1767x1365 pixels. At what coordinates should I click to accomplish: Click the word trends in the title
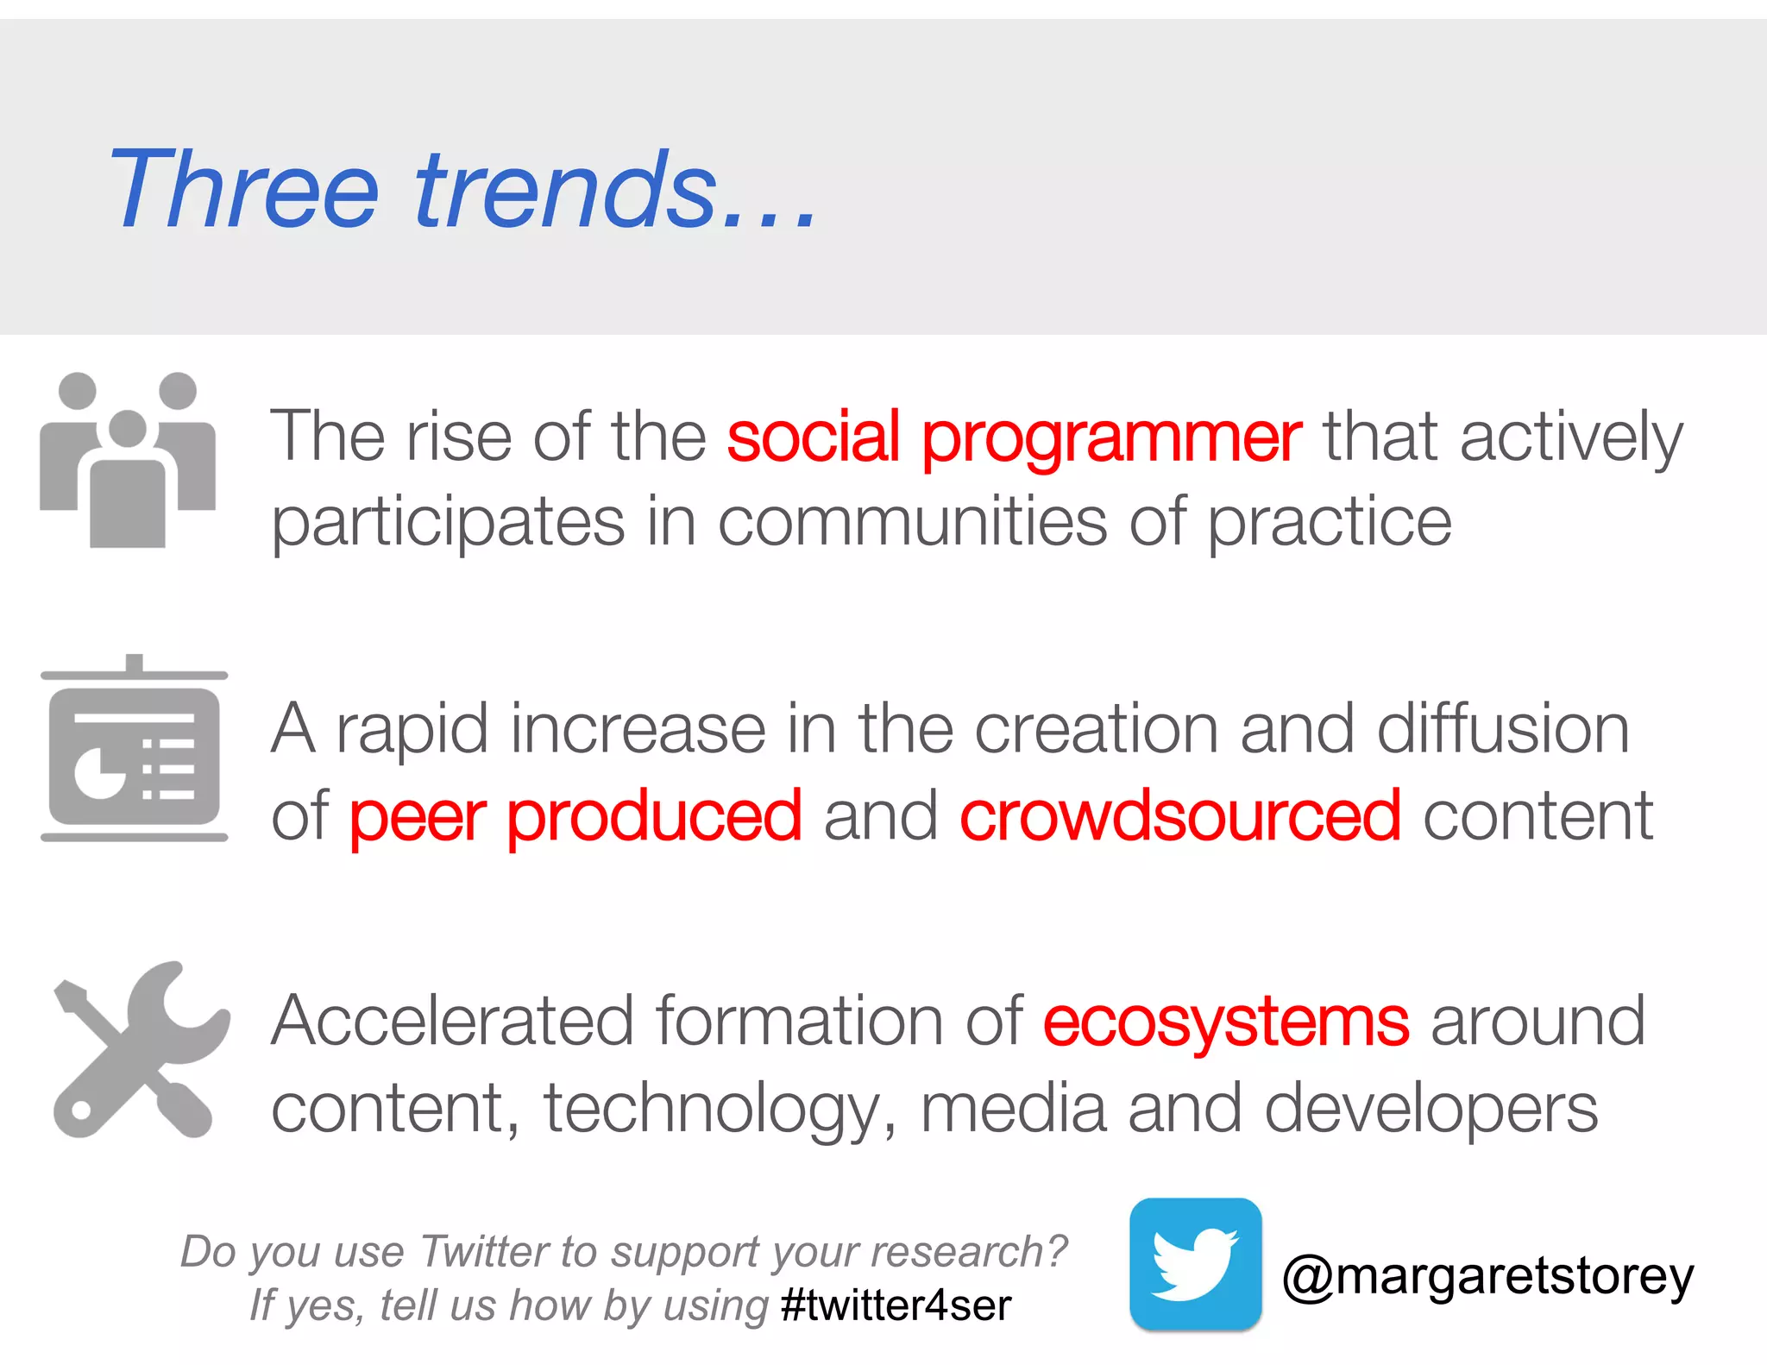(x=565, y=189)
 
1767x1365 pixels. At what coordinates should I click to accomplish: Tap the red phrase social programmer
(x=1014, y=437)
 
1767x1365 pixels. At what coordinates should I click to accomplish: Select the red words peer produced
(x=575, y=815)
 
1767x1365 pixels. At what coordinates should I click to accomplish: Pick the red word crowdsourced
(x=1179, y=815)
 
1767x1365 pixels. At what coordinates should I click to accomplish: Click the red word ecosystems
(x=1226, y=1022)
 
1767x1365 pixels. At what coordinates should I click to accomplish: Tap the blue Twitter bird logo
(x=1195, y=1264)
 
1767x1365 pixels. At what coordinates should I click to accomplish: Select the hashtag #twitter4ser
(x=896, y=1305)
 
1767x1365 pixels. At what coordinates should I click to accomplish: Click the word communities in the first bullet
(x=912, y=523)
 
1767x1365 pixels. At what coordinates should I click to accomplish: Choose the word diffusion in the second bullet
(x=1502, y=729)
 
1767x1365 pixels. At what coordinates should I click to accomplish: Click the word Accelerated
(x=453, y=1022)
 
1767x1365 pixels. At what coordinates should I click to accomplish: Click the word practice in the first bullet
(x=1329, y=523)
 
